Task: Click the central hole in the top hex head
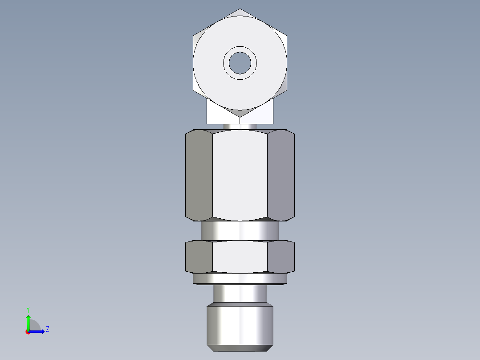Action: (240, 63)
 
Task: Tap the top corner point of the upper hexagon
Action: (240, 9)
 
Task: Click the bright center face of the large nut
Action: (240, 175)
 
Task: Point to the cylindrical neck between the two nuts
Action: (240, 231)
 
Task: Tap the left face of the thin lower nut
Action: (199, 257)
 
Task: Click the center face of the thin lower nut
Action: (240, 257)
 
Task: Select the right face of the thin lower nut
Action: (281, 257)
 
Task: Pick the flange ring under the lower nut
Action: (240, 278)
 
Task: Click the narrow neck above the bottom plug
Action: (240, 294)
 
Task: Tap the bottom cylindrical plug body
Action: (240, 323)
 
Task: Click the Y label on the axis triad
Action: (28, 309)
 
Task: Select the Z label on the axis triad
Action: (47, 330)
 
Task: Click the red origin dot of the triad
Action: (28, 332)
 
